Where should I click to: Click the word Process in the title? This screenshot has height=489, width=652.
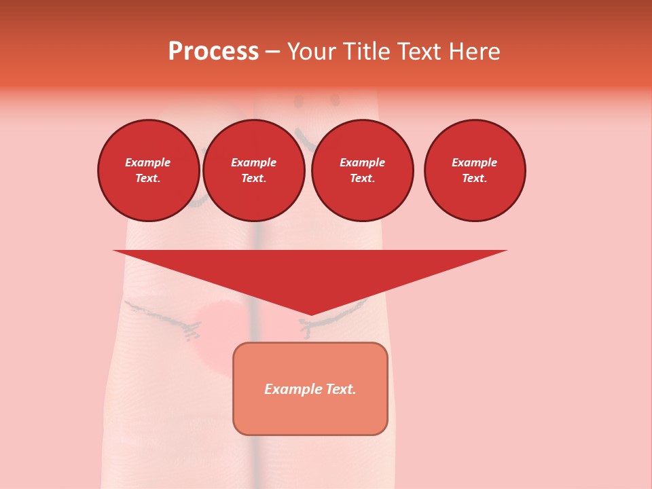[213, 52]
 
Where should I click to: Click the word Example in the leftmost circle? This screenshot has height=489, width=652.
[148, 162]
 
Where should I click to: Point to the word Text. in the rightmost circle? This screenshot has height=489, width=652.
[474, 179]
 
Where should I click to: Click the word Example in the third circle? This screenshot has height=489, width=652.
[362, 162]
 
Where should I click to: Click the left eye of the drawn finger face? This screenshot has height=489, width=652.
[297, 103]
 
